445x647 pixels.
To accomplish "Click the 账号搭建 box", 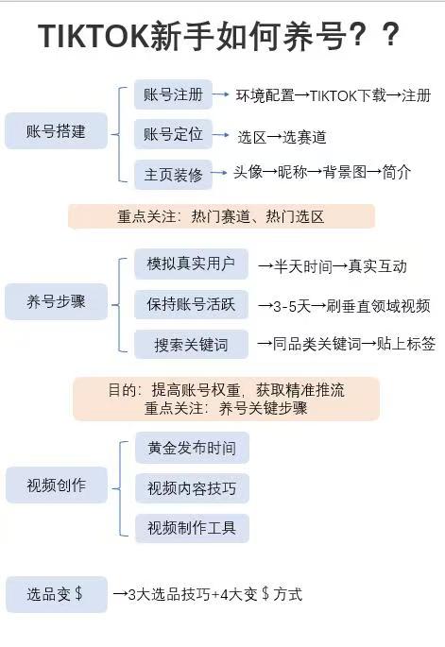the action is [56, 130].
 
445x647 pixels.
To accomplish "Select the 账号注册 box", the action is [173, 94].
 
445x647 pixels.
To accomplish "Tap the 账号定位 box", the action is [173, 134].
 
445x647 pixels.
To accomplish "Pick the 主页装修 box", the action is [173, 175].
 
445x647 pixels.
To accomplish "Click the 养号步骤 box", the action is [56, 301].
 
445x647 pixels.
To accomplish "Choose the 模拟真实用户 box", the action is [191, 264].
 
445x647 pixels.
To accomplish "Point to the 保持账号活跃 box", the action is [191, 304].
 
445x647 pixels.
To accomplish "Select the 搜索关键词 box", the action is [191, 344].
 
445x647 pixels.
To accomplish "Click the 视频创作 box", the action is [57, 485].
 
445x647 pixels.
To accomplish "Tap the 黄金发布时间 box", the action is [192, 448].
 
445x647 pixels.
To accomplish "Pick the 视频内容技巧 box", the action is [192, 488].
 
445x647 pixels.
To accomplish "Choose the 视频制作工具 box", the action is [192, 528].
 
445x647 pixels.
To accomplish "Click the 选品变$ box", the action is [57, 594].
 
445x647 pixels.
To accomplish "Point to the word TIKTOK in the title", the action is [94, 36].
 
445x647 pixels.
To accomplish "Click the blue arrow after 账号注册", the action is [221, 94].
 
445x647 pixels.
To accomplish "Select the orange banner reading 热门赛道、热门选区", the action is [222, 216].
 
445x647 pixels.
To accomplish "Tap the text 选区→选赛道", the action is [282, 137].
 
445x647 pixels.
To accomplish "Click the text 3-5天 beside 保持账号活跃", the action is [292, 306].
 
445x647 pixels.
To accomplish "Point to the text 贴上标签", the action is [406, 343].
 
